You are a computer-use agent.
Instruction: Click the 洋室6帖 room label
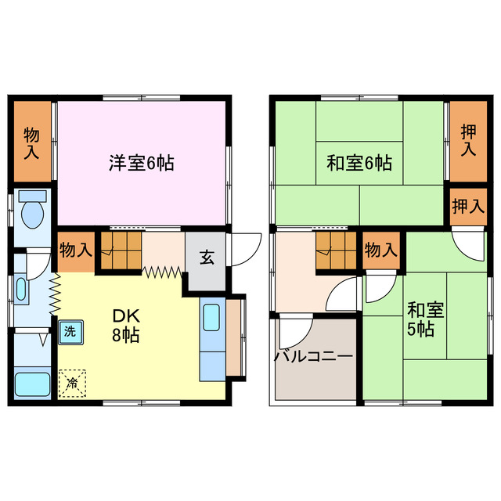[x=141, y=164]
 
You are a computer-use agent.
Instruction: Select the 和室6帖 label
[x=359, y=164]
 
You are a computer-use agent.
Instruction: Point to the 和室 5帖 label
[x=425, y=318]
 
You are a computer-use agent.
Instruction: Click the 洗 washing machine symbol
[x=70, y=331]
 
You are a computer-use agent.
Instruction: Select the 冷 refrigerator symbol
[x=72, y=383]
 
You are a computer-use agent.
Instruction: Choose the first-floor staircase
[x=120, y=250]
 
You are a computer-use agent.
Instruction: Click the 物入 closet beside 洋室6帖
[x=32, y=142]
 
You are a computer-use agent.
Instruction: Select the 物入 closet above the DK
[x=76, y=250]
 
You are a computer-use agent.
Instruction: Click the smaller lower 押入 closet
[x=468, y=207]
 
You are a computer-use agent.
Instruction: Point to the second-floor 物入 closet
[x=381, y=250]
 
